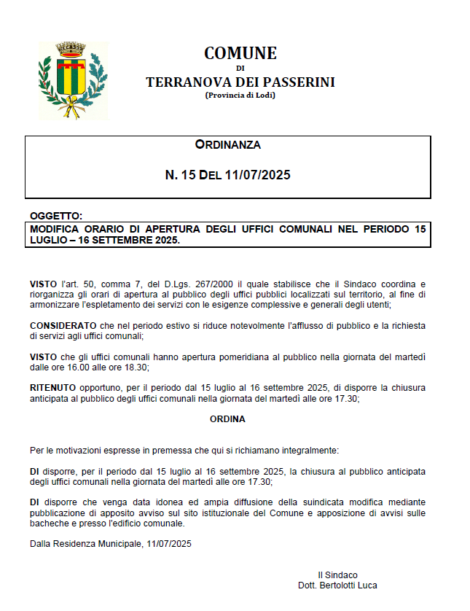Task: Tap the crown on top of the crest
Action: coord(72,50)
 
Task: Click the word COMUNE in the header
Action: coord(240,53)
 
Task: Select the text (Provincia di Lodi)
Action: coord(240,95)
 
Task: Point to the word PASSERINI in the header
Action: coord(299,82)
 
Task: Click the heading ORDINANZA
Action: coord(227,145)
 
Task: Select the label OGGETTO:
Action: coord(56,216)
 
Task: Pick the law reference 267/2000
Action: coord(216,283)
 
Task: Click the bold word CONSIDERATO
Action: coord(63,324)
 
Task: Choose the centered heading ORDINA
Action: coord(227,419)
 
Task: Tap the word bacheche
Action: coord(48,523)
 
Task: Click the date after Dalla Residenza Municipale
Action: coord(168,543)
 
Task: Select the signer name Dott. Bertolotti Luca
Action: coord(337,585)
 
